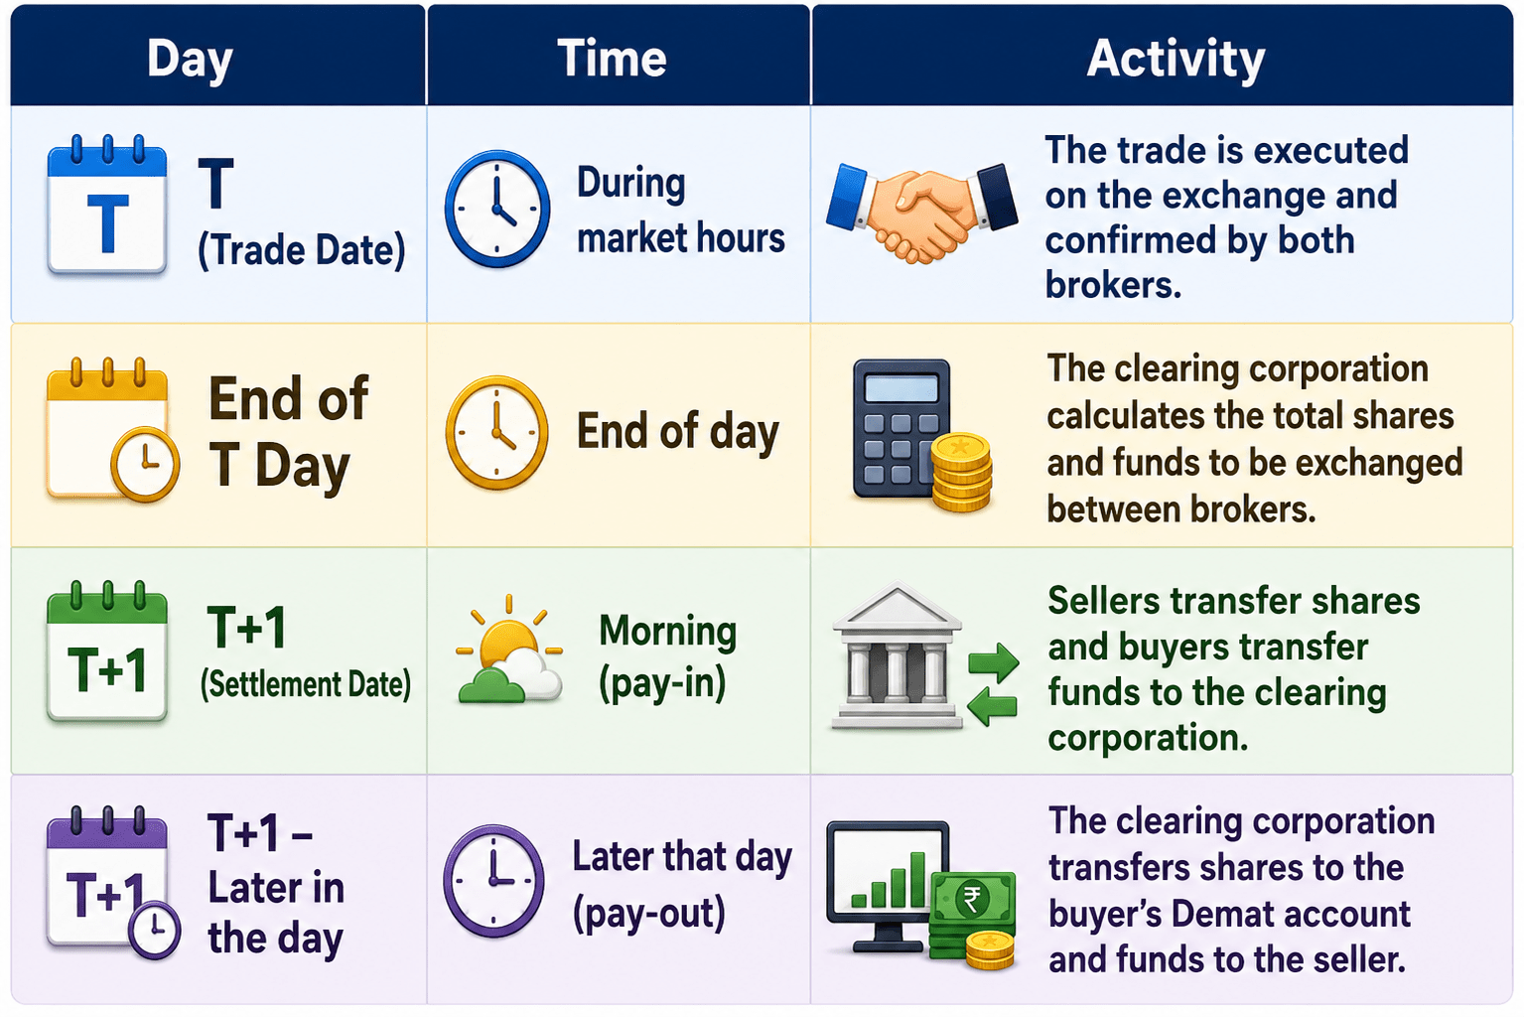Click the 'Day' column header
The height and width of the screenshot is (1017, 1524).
pyautogui.click(x=190, y=60)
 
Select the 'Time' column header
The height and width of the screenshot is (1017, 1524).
pyautogui.click(x=612, y=59)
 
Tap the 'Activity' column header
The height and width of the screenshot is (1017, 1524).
pyautogui.click(x=1176, y=60)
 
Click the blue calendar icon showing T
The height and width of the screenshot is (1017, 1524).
pyautogui.click(x=107, y=205)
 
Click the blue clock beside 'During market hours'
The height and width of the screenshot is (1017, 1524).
pyautogui.click(x=496, y=209)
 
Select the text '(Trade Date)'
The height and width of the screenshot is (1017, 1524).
pyautogui.click(x=302, y=250)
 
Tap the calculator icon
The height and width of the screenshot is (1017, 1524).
pyautogui.click(x=901, y=428)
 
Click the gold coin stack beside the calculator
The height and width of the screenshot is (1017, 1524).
pyautogui.click(x=961, y=472)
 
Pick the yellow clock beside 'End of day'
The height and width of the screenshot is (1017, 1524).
pyautogui.click(x=496, y=432)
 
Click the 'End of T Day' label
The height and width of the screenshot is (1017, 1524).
pyautogui.click(x=289, y=432)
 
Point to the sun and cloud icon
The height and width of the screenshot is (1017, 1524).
pyautogui.click(x=509, y=651)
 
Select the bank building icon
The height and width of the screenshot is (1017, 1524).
pyautogui.click(x=897, y=655)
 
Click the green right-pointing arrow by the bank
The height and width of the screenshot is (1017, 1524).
pyautogui.click(x=993, y=662)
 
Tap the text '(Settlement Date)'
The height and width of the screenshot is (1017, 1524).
pyautogui.click(x=306, y=684)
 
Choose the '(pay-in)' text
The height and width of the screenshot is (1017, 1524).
pyautogui.click(x=662, y=683)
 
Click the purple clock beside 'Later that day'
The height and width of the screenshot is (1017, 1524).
pyautogui.click(x=493, y=881)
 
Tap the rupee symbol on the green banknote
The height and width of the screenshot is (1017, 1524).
pyautogui.click(x=972, y=899)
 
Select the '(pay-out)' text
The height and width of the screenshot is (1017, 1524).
pyautogui.click(x=649, y=914)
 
